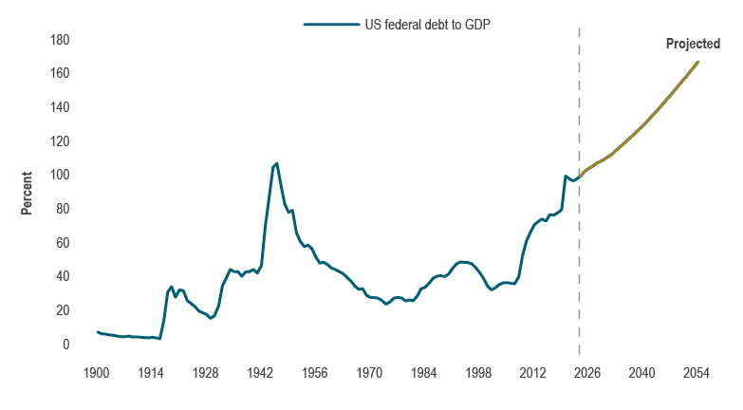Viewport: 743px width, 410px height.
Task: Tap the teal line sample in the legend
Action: coord(330,25)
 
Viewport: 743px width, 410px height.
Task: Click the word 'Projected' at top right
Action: coord(693,44)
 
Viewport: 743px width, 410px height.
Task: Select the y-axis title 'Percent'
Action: coord(28,193)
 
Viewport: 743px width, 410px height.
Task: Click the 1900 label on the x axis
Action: coord(97,372)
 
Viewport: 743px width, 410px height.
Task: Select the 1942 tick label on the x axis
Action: coord(260,372)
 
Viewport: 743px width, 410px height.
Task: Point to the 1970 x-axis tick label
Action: coord(369,372)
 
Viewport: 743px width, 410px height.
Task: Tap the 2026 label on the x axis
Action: coord(587,372)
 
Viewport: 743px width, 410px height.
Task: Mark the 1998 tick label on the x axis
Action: coord(478,372)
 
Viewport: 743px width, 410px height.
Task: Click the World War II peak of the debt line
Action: coord(276,163)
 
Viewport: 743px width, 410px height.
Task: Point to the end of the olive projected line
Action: coord(697,63)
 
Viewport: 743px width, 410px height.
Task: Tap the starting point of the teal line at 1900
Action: coord(97,332)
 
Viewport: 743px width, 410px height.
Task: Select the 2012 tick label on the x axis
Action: coord(533,372)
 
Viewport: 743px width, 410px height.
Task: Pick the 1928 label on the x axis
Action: coord(206,372)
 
